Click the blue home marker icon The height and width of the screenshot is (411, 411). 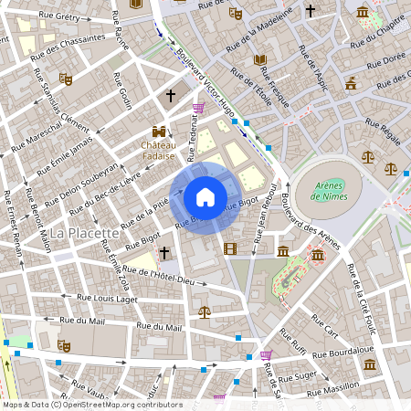pyautogui.click(x=205, y=196)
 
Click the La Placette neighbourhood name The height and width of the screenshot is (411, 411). pyautogui.click(x=85, y=233)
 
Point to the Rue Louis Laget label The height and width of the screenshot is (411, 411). pyautogui.click(x=107, y=298)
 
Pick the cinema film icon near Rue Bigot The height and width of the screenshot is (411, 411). pyautogui.click(x=229, y=248)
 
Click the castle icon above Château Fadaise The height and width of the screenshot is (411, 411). pyautogui.click(x=160, y=131)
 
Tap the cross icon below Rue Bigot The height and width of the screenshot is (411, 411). pyautogui.click(x=164, y=251)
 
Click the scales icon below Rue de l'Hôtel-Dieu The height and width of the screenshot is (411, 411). pyautogui.click(x=204, y=311)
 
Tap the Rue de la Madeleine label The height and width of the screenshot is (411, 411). pyautogui.click(x=263, y=33)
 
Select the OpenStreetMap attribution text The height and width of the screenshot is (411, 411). pyautogui.click(x=91, y=405)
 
